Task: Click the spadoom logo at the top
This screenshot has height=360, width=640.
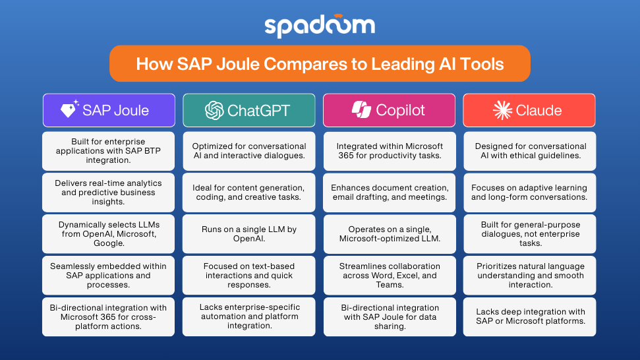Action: tap(320, 26)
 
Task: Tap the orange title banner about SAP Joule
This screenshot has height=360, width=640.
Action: tap(320, 64)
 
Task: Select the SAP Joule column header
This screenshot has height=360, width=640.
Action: tap(109, 110)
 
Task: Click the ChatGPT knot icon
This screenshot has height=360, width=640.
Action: tap(214, 110)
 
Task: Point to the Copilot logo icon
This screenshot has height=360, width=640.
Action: tap(361, 110)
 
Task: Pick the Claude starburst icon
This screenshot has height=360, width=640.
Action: tap(502, 110)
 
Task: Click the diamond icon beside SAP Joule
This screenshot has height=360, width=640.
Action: tap(69, 109)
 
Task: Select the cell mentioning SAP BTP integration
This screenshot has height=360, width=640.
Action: tap(108, 151)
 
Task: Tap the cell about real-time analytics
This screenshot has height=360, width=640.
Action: tap(108, 193)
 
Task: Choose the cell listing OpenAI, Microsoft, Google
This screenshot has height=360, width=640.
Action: tap(108, 234)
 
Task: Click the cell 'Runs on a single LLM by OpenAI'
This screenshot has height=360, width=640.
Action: tap(249, 234)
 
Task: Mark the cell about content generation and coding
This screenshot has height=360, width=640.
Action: tap(249, 193)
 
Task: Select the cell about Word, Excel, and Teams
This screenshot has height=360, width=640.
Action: tap(390, 276)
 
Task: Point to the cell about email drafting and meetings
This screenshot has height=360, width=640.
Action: tap(390, 193)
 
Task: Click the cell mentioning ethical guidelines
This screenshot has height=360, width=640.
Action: tap(530, 151)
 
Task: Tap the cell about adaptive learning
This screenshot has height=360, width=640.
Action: tap(530, 193)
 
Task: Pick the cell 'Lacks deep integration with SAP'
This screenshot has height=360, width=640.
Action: tap(530, 316)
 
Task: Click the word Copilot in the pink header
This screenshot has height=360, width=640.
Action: tap(400, 110)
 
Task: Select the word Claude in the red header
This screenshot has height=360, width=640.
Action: tap(538, 110)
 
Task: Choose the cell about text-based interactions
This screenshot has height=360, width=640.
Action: tap(249, 276)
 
